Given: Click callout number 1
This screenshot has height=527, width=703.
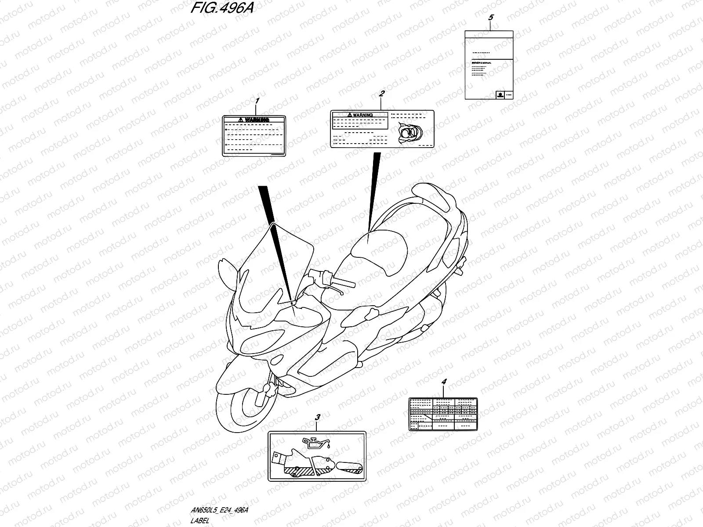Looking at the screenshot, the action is [257, 101].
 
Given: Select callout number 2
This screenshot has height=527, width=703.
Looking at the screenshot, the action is [382, 94].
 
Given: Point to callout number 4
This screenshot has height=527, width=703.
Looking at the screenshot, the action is [444, 382].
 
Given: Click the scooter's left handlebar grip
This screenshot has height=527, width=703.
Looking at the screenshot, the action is [343, 281].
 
